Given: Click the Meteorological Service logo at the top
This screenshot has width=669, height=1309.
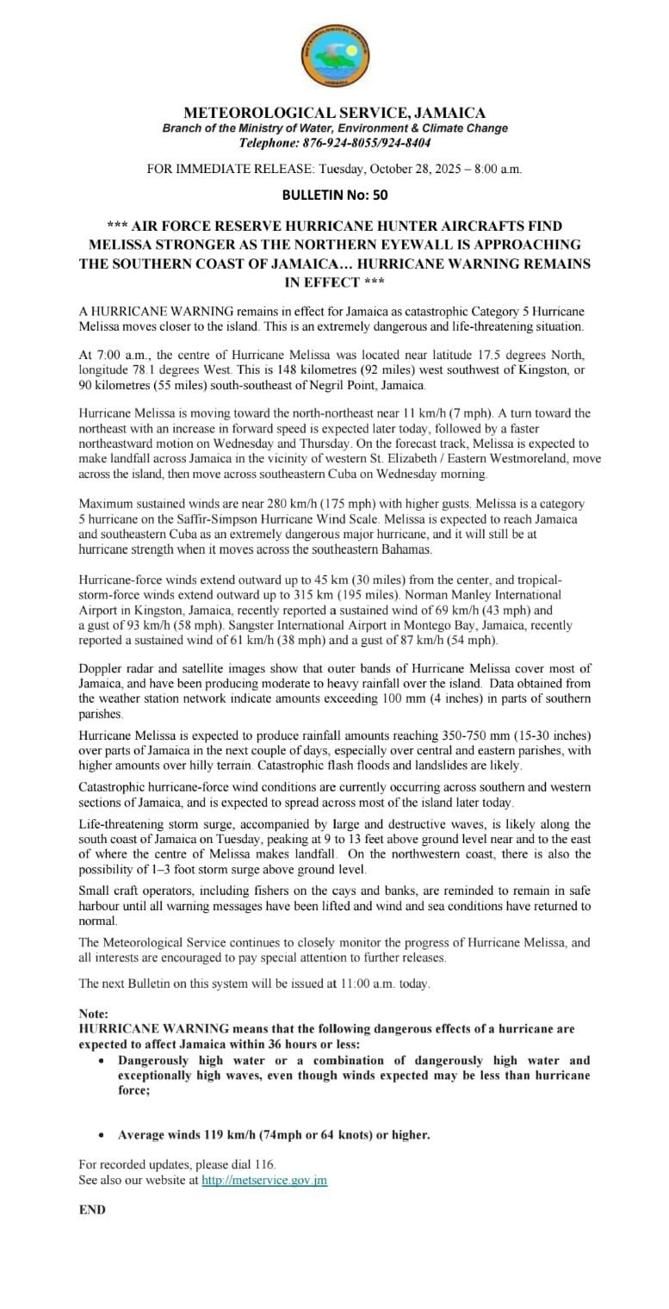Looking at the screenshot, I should coord(335,55).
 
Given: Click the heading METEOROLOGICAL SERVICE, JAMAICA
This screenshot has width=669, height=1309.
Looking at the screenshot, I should coord(335,113).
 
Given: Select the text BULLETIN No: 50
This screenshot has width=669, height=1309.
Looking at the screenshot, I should coord(334,195).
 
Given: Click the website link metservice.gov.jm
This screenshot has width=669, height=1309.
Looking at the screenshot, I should coord(264,1181).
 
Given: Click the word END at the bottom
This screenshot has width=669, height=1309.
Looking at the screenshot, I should coord(92,1210).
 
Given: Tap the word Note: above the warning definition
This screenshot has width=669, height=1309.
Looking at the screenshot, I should coord(94,1014).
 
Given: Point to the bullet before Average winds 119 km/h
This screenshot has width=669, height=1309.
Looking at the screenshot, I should coord(102,1135).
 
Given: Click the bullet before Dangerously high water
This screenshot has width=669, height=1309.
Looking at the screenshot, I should coord(102,1061).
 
